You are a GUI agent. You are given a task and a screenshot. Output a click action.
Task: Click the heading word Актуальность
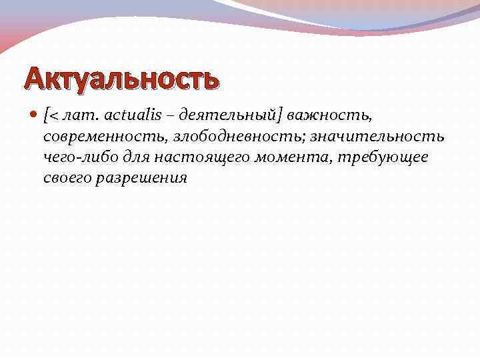(x=121, y=79)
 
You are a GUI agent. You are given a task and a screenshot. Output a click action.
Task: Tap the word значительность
(x=378, y=137)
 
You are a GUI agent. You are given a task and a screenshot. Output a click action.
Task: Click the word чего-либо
(x=74, y=157)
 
